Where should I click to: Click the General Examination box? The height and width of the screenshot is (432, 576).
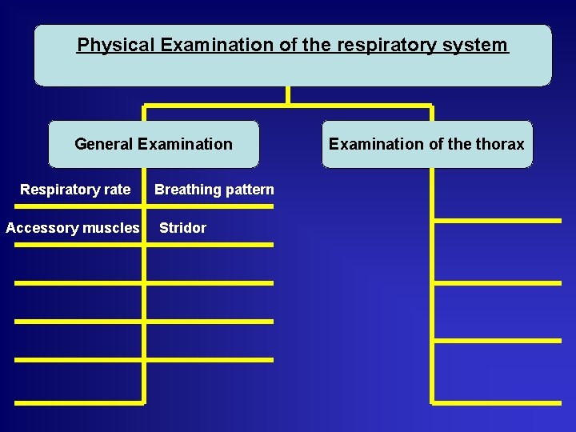(154, 144)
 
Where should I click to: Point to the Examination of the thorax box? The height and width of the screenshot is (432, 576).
(426, 144)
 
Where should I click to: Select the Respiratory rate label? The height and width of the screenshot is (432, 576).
(75, 190)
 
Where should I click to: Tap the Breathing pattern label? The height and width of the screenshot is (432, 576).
(214, 190)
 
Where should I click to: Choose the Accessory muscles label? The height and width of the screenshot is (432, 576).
(72, 228)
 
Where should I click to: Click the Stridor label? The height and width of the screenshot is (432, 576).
(182, 228)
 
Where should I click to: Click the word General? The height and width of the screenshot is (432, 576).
(103, 144)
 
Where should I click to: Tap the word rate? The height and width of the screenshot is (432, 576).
(116, 190)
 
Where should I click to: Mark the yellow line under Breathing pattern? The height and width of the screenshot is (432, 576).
(210, 206)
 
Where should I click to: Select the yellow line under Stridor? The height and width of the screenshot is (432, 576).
(210, 244)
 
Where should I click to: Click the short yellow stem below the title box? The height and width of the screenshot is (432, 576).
(287, 95)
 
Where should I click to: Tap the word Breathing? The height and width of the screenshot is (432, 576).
(188, 190)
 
